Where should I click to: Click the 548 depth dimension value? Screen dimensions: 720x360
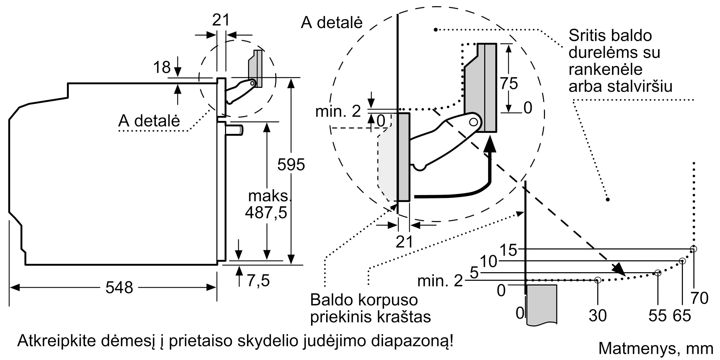click(119, 288)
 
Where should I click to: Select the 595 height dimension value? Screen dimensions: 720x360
click(291, 165)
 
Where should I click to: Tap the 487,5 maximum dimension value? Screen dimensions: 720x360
click(266, 212)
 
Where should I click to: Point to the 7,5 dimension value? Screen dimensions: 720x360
click(258, 280)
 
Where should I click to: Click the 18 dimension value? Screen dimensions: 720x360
click(162, 67)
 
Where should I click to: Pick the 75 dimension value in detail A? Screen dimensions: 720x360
click(509, 84)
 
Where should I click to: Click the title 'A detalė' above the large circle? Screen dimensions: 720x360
click(332, 23)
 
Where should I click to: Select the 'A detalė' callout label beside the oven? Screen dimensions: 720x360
click(149, 121)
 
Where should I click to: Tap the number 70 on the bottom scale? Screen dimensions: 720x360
click(699, 298)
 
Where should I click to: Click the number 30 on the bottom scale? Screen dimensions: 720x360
click(598, 316)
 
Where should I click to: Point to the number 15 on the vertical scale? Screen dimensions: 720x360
click(508, 250)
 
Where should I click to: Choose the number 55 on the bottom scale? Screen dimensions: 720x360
click(658, 316)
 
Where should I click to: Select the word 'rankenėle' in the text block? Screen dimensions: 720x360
click(606, 69)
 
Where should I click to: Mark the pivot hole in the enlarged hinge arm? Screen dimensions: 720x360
click(474, 122)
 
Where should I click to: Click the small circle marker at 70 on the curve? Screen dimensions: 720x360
click(693, 249)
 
